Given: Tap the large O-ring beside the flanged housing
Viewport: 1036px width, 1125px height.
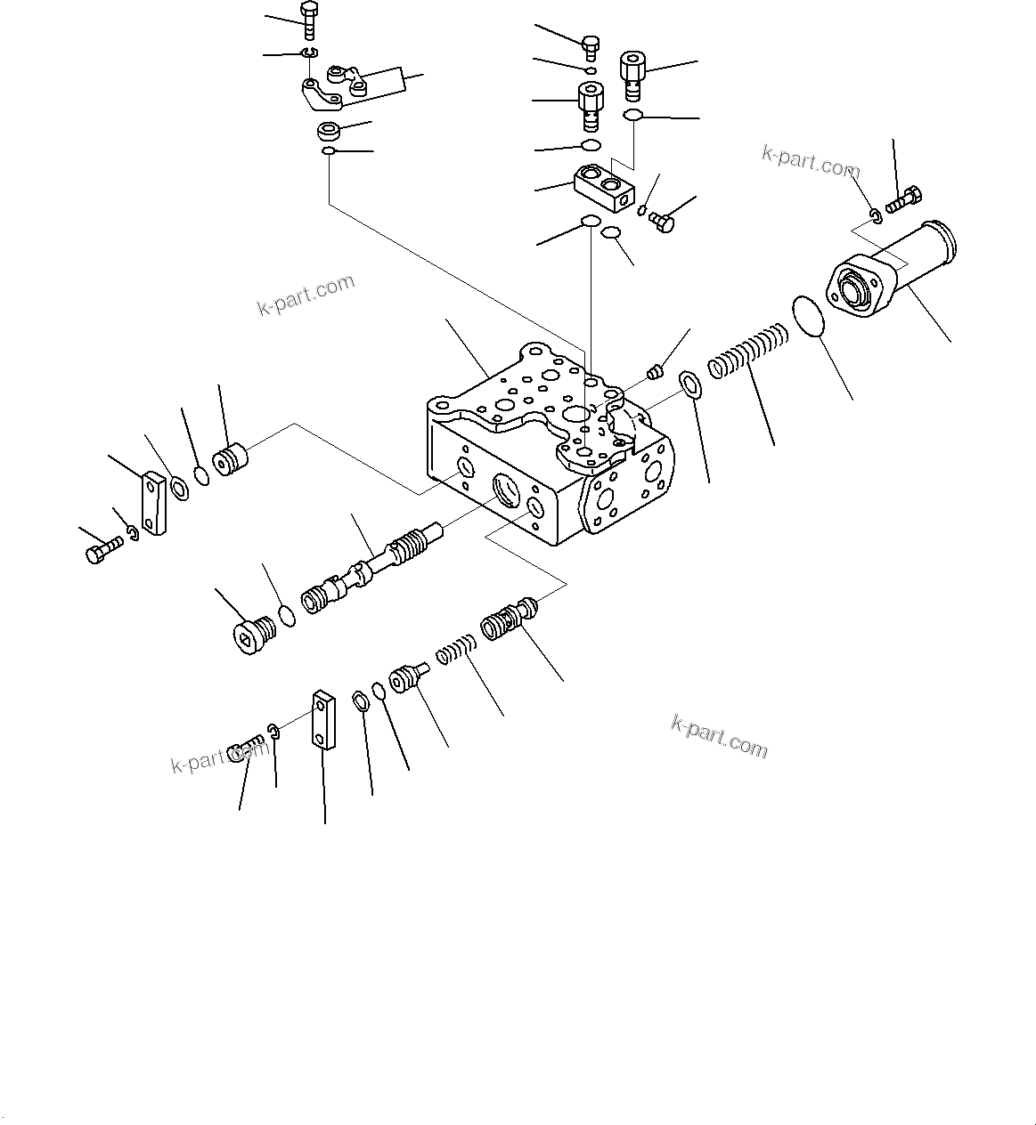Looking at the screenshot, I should pos(809,318).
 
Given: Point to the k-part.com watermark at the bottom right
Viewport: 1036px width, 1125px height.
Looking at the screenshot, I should pos(719,737).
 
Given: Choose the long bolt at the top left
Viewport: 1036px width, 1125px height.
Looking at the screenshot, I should pos(308,22).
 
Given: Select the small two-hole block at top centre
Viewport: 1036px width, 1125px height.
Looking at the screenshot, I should pos(603,188).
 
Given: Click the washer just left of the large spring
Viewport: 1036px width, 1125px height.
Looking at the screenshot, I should pos(689,383).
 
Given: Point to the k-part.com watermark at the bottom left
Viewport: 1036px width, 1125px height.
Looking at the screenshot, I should pos(219,757).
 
